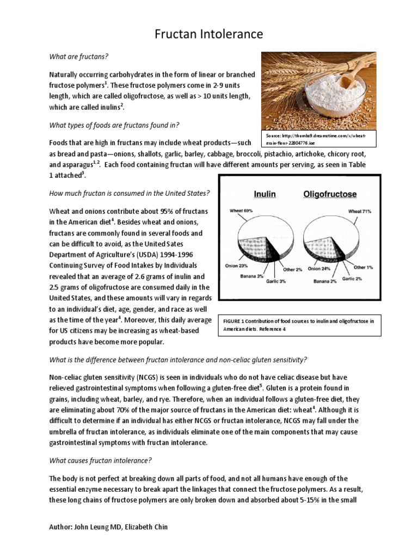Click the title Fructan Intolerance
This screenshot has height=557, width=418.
[x=209, y=35]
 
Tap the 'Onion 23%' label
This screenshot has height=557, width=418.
[x=236, y=267]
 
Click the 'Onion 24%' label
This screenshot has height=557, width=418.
[x=319, y=268]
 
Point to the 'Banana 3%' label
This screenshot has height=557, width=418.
[x=252, y=276]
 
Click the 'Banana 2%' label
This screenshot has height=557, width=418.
[x=325, y=281]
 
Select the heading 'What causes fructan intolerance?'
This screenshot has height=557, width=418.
[x=101, y=460]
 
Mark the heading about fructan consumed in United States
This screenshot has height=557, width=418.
[x=130, y=193]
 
